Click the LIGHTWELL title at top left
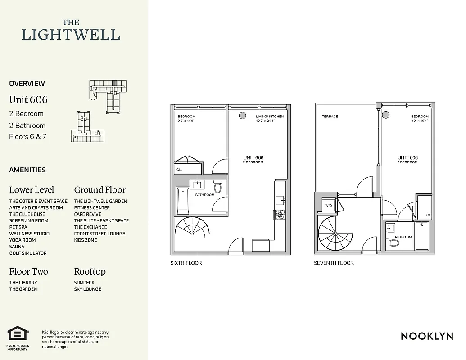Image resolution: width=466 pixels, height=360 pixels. click(x=71, y=35)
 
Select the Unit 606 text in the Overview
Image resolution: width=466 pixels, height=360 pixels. click(x=28, y=99)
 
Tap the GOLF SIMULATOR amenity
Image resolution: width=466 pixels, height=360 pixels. click(x=28, y=253)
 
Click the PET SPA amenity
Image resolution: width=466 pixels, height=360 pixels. click(x=18, y=227)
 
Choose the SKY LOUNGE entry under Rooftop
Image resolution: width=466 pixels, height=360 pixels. click(x=88, y=289)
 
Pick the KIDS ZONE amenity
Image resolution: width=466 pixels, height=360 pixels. click(x=86, y=240)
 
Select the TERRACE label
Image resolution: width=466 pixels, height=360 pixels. click(x=330, y=117)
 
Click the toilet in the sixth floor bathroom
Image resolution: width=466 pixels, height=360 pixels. click(x=218, y=187)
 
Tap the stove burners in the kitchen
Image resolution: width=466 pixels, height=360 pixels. click(x=280, y=215)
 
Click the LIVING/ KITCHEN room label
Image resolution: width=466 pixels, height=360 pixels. click(x=270, y=117)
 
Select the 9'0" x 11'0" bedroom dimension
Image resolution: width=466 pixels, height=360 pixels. click(x=186, y=121)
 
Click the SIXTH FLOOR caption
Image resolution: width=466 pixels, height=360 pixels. click(x=186, y=263)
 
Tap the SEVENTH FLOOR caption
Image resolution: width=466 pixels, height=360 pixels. click(x=334, y=263)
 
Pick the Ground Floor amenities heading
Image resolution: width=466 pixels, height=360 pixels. click(x=100, y=190)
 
